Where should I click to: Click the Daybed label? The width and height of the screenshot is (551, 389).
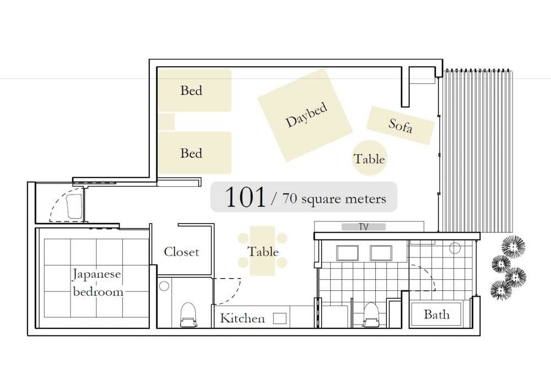pyautogui.click(x=306, y=115)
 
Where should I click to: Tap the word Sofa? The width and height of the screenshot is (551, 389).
pyautogui.click(x=401, y=125)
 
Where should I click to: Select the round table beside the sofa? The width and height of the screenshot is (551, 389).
pyautogui.click(x=369, y=158)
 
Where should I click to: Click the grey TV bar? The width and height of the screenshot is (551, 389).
pyautogui.click(x=364, y=227)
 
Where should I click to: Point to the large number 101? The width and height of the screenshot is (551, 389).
pyautogui.click(x=245, y=197)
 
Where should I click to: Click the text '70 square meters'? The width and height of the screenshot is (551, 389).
pyautogui.click(x=334, y=199)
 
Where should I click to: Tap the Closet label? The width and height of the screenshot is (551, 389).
pyautogui.click(x=181, y=252)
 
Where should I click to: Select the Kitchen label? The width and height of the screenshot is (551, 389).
pyautogui.click(x=242, y=318)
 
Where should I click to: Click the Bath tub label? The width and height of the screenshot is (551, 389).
pyautogui.click(x=436, y=314)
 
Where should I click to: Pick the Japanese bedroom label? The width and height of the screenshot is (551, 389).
pyautogui.click(x=97, y=283)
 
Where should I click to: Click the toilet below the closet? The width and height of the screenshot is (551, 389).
pyautogui.click(x=188, y=315)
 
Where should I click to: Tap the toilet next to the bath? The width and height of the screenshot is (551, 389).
pyautogui.click(x=370, y=315)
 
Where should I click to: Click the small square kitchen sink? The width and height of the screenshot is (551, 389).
pyautogui.click(x=280, y=318)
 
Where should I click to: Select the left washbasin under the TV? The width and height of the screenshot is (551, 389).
pyautogui.click(x=347, y=253)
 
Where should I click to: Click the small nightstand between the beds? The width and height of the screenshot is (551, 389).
pyautogui.click(x=166, y=122)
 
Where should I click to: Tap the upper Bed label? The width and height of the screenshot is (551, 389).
pyautogui.click(x=191, y=91)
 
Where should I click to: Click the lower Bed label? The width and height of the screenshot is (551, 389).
pyautogui.click(x=191, y=153)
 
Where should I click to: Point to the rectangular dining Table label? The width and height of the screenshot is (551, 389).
pyautogui.click(x=263, y=252)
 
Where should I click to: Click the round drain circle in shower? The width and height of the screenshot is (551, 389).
pyautogui.click(x=455, y=248)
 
